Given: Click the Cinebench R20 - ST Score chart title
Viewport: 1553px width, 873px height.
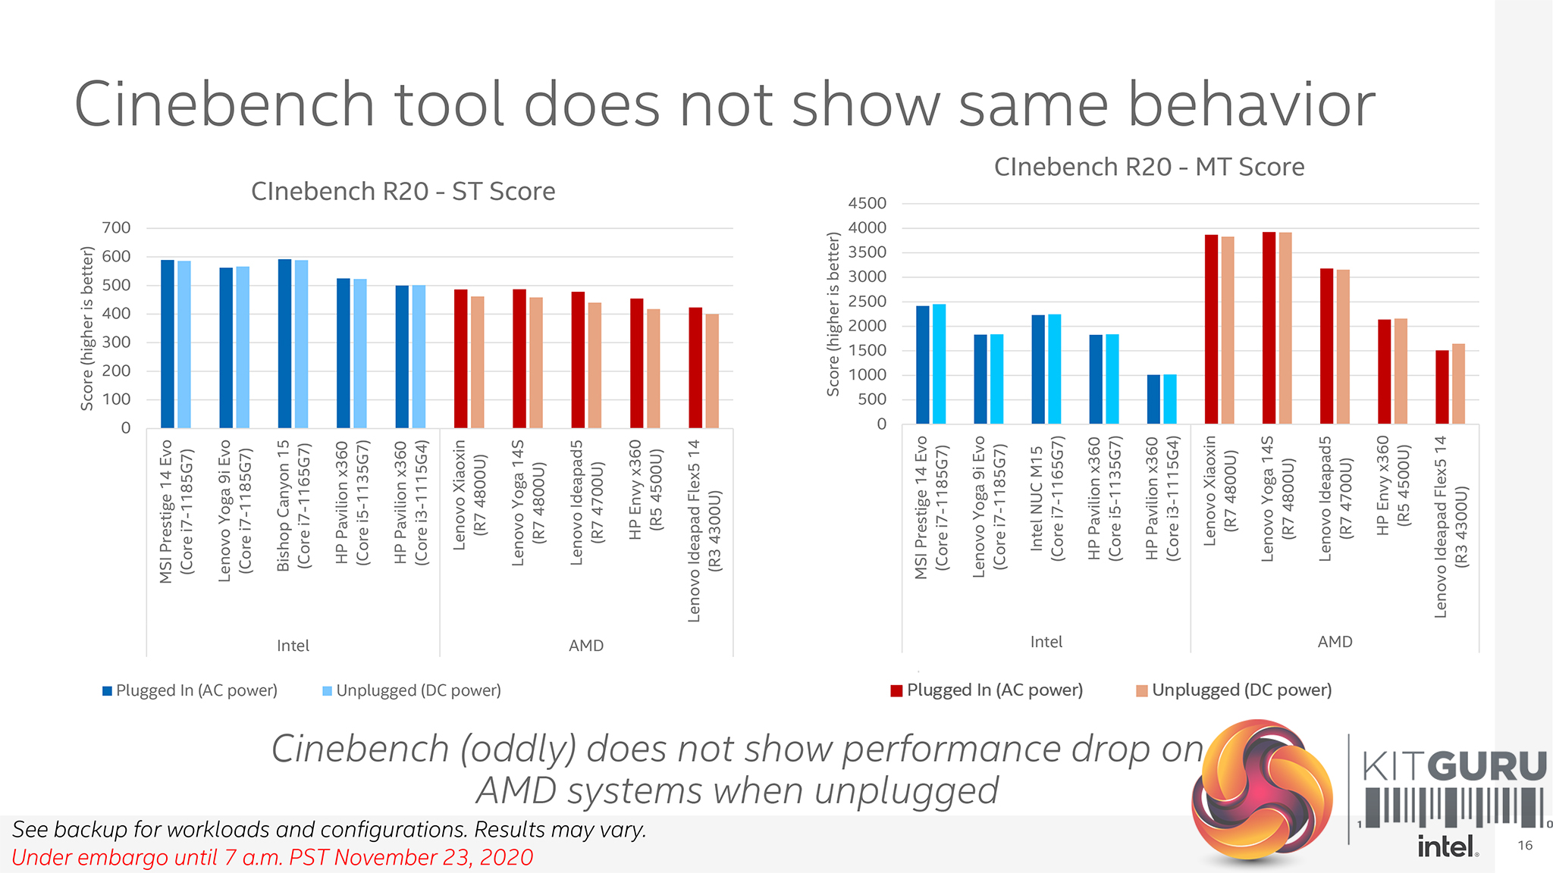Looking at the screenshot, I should pyautogui.click(x=403, y=192).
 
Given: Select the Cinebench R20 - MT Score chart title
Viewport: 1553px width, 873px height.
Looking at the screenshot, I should pyautogui.click(x=1149, y=167).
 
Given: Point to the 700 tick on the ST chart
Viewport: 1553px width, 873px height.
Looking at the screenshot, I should pyautogui.click(x=116, y=227).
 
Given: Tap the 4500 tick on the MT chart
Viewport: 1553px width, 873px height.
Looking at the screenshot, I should pyautogui.click(x=867, y=203).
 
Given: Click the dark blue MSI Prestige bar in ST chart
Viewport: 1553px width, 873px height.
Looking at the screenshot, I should pyautogui.click(x=168, y=345).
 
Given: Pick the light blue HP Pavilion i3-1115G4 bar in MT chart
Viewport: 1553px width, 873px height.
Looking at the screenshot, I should pyautogui.click(x=1170, y=399).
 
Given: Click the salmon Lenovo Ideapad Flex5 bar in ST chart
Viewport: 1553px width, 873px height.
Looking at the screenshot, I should pyautogui.click(x=712, y=371).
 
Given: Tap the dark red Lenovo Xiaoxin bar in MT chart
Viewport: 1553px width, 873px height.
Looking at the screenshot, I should pyautogui.click(x=1211, y=330).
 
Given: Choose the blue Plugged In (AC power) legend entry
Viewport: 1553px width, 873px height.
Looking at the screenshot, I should pyautogui.click(x=190, y=690).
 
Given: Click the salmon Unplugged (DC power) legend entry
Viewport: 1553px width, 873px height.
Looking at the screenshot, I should pyautogui.click(x=1234, y=690).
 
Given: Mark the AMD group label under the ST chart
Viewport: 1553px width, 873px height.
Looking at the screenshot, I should pyautogui.click(x=586, y=646).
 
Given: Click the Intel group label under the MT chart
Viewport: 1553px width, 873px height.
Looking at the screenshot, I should pyautogui.click(x=1046, y=642).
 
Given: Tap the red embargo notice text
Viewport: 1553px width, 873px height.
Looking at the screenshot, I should pyautogui.click(x=272, y=858).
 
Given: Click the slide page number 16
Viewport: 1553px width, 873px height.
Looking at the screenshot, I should pyautogui.click(x=1525, y=846).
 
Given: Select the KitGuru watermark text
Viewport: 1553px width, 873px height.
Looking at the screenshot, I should pyautogui.click(x=1454, y=766).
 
